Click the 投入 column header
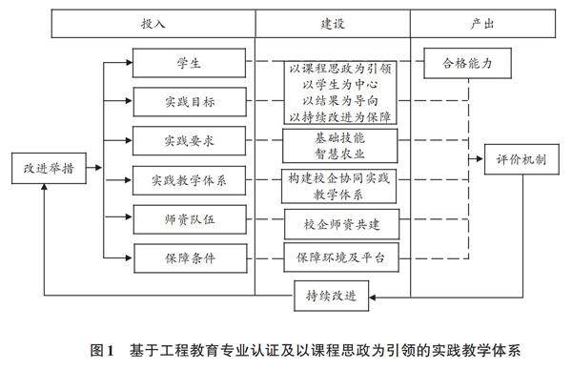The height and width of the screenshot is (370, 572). (153, 24)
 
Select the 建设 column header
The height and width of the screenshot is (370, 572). (333, 24)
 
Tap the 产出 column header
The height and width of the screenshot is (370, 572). (482, 24)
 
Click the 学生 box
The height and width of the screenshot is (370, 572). (189, 63)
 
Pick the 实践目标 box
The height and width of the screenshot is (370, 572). (190, 102)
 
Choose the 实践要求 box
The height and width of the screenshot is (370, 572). (189, 141)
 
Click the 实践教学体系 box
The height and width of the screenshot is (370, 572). (189, 180)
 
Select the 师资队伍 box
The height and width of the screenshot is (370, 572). (190, 219)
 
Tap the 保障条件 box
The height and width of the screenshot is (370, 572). (191, 258)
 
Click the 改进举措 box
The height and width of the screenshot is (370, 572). (49, 168)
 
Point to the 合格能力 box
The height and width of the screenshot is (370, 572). (467, 63)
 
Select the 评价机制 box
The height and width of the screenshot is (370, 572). (521, 159)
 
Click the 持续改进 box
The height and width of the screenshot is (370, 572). (331, 296)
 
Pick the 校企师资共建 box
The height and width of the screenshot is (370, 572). (342, 224)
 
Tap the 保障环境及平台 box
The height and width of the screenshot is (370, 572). (341, 257)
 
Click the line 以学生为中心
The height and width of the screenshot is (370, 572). (340, 85)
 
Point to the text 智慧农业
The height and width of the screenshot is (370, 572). (340, 154)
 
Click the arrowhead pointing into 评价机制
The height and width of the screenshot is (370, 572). (480, 159)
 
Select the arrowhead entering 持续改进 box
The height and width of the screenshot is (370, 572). (373, 298)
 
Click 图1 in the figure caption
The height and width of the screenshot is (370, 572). (103, 351)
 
